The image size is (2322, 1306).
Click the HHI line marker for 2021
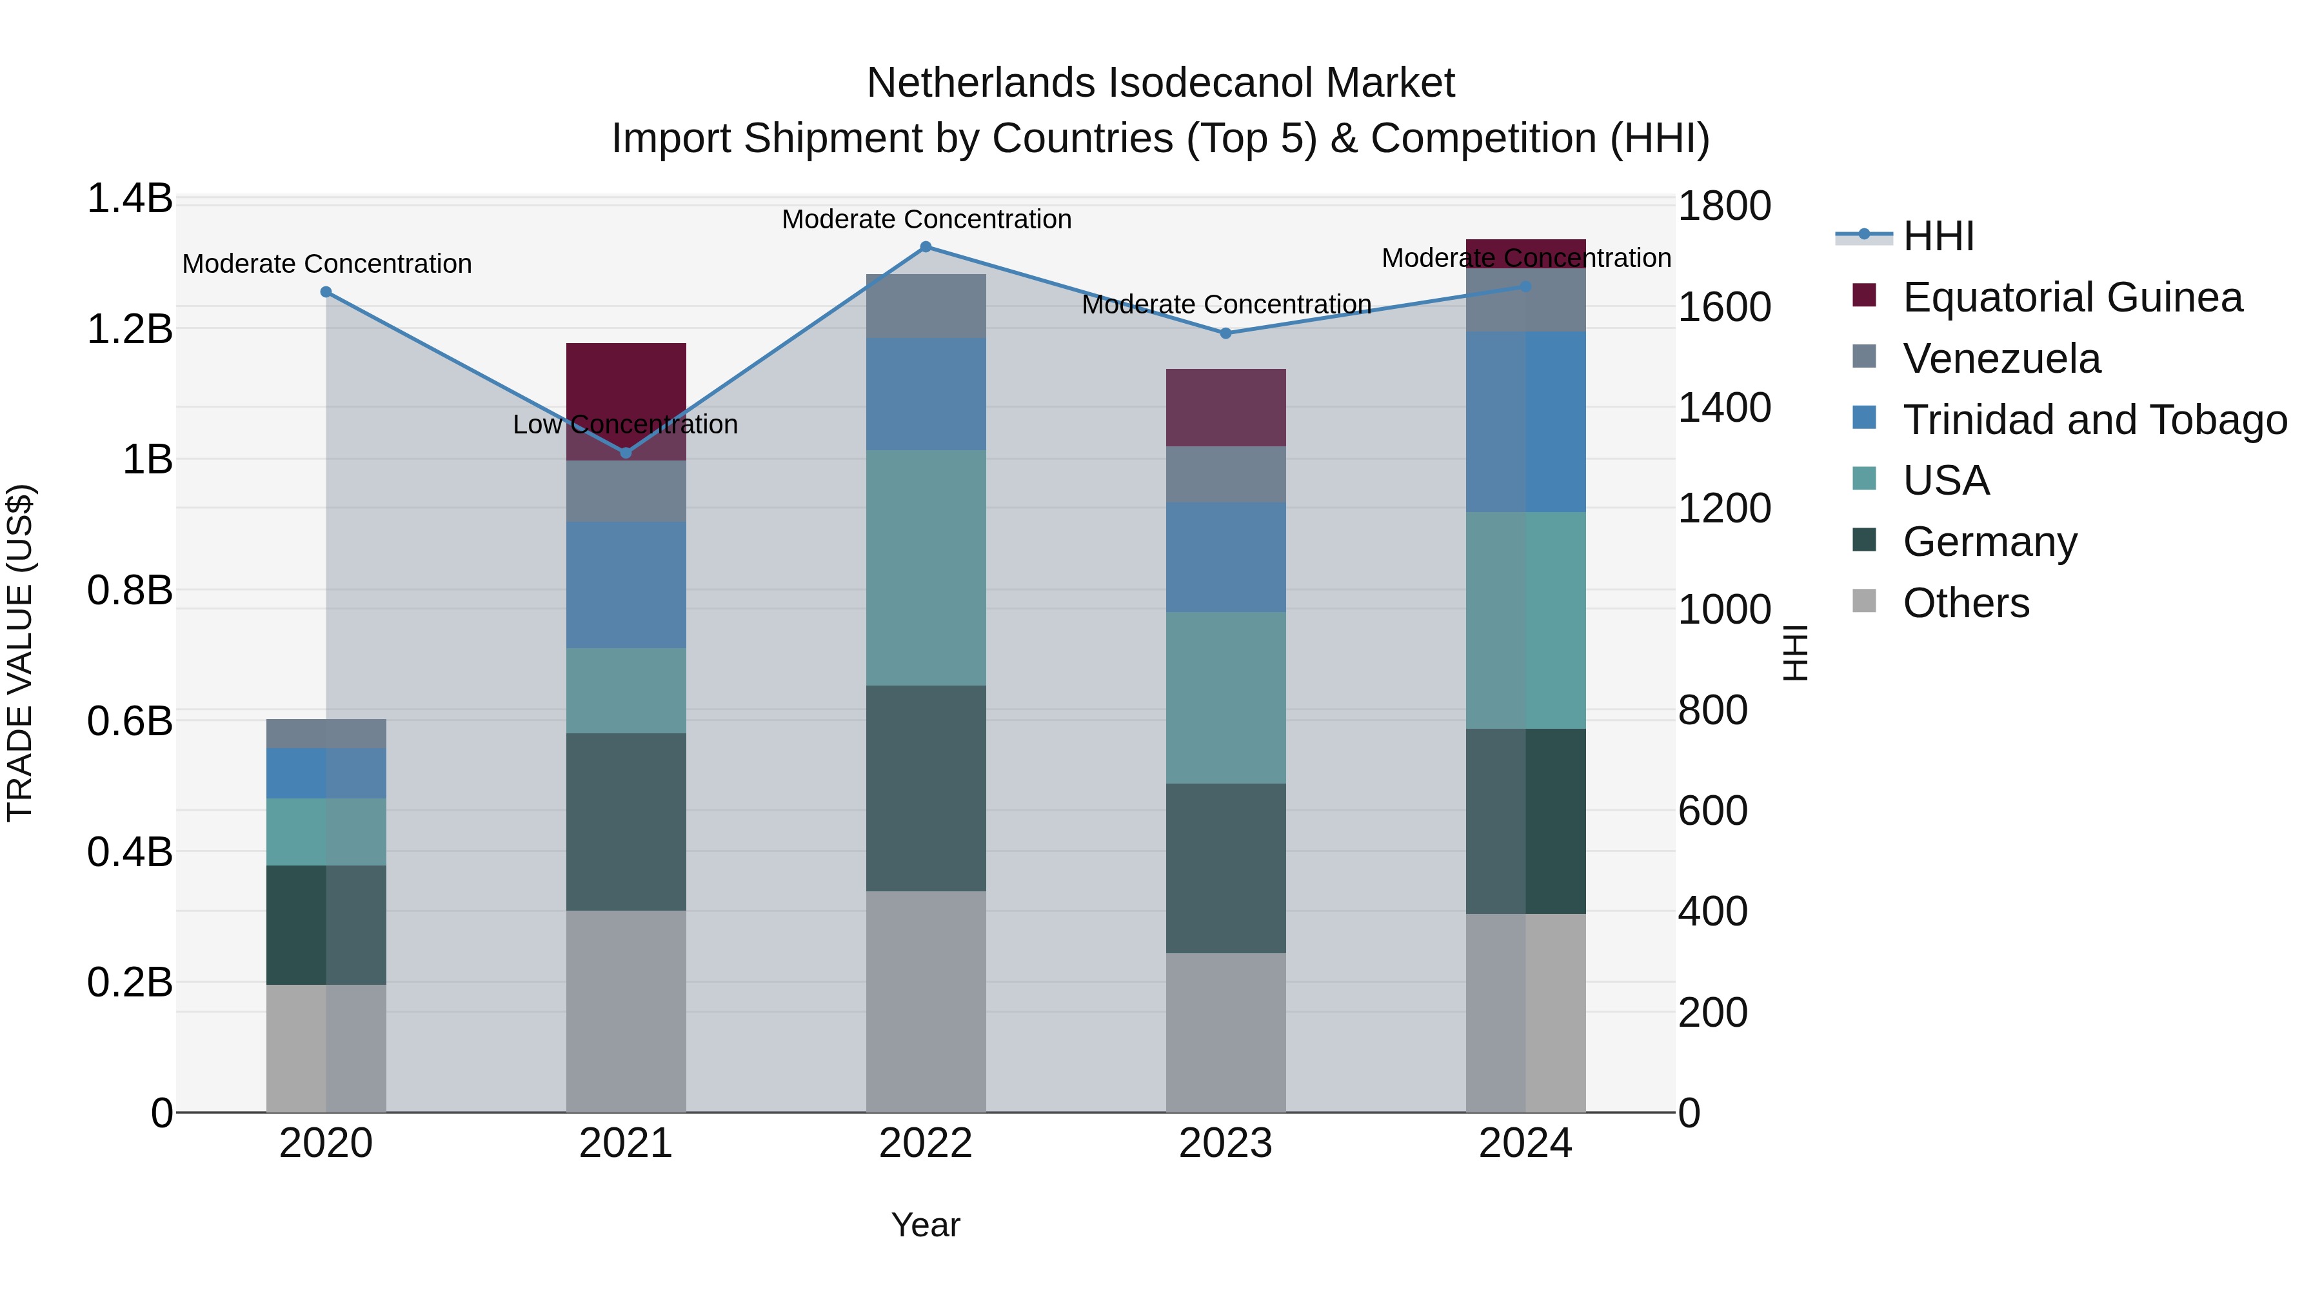coord(626,453)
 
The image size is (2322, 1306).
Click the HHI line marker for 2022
coord(926,247)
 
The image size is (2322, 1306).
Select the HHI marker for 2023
coord(1225,333)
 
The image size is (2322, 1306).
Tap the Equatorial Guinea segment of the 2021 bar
coord(626,379)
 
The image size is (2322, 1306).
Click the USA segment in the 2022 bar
coord(926,568)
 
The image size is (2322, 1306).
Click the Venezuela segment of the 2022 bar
coord(926,306)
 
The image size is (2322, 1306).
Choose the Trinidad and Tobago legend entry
coord(2094,420)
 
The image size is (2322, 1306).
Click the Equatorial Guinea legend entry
coord(2071,297)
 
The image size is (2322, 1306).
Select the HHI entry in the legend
coord(1938,236)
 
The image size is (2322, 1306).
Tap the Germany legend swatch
coord(1864,541)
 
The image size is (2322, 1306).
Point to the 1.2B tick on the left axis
coord(130,329)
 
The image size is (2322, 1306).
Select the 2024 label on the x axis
coord(1525,1143)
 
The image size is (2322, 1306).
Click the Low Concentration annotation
coord(626,424)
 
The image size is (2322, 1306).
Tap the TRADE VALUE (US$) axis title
coord(20,653)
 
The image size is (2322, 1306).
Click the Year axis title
coord(926,1225)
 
